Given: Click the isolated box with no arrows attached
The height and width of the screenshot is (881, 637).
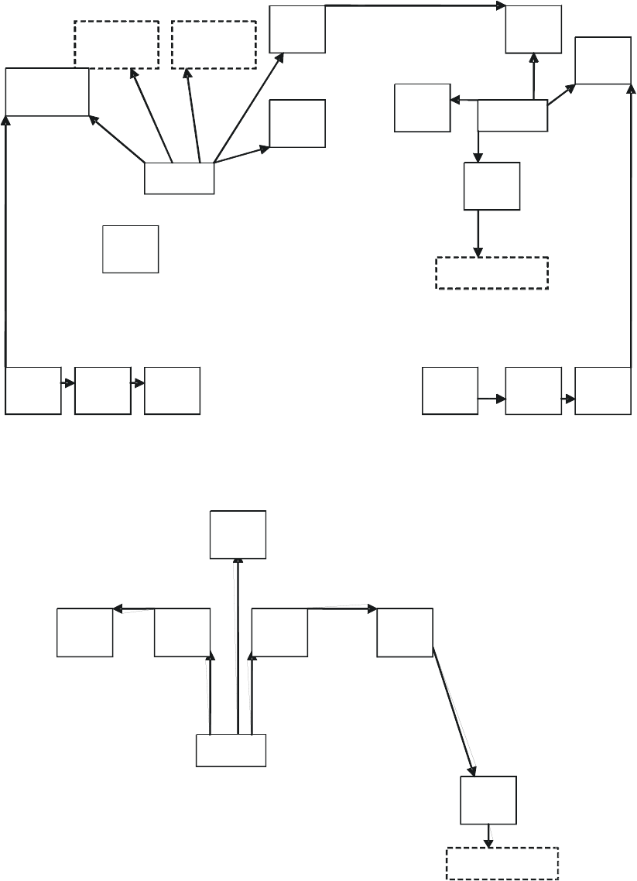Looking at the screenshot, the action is (130, 249).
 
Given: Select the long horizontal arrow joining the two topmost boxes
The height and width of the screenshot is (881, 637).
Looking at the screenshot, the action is (414, 6).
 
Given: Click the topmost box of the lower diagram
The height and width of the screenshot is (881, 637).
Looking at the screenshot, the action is (238, 533).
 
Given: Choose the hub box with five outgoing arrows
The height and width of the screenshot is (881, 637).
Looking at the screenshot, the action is (180, 179).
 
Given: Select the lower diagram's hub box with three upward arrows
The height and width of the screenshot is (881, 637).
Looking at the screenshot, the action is (231, 750).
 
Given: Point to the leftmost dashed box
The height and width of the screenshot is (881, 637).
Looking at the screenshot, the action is (116, 44).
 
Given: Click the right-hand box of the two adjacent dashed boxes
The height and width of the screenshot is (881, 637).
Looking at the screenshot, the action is (214, 44).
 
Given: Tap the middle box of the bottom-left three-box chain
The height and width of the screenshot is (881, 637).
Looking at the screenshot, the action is (103, 390).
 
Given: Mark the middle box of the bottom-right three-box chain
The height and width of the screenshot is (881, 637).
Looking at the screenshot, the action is (533, 390).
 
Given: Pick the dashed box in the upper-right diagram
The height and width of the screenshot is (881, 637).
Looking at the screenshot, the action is (492, 273).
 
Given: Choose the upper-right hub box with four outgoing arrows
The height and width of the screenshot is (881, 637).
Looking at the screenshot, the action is (512, 115).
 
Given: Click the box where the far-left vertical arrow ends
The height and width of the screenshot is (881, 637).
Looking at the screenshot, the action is (46, 92).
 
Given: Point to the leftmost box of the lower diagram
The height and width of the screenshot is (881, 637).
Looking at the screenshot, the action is (85, 632).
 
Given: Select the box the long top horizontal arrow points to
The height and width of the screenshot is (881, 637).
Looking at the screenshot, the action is (533, 28).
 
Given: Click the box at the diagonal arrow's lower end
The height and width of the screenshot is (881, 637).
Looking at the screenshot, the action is (488, 800).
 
